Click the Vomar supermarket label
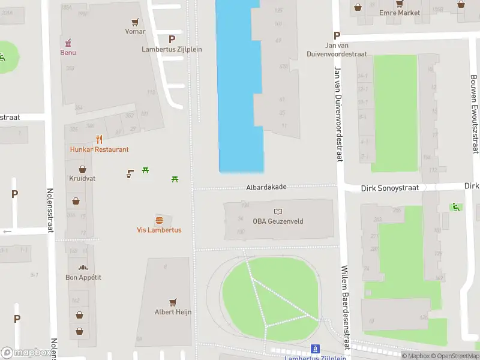coord(135,31)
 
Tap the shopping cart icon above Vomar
coord(136,22)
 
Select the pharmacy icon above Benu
coord(68,43)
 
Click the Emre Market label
coord(400,12)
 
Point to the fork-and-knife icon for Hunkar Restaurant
coord(99,140)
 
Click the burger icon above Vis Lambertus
coord(159,220)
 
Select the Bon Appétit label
coord(83,277)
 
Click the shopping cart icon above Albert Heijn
coord(173,302)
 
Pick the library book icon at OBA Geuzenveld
coord(278,211)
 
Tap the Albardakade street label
coord(266,187)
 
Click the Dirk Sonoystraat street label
coord(389,188)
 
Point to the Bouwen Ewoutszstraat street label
coord(474,114)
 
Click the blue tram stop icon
coord(314,349)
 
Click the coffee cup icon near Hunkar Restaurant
coord(130,174)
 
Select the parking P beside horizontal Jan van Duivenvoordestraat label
coord(337,35)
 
